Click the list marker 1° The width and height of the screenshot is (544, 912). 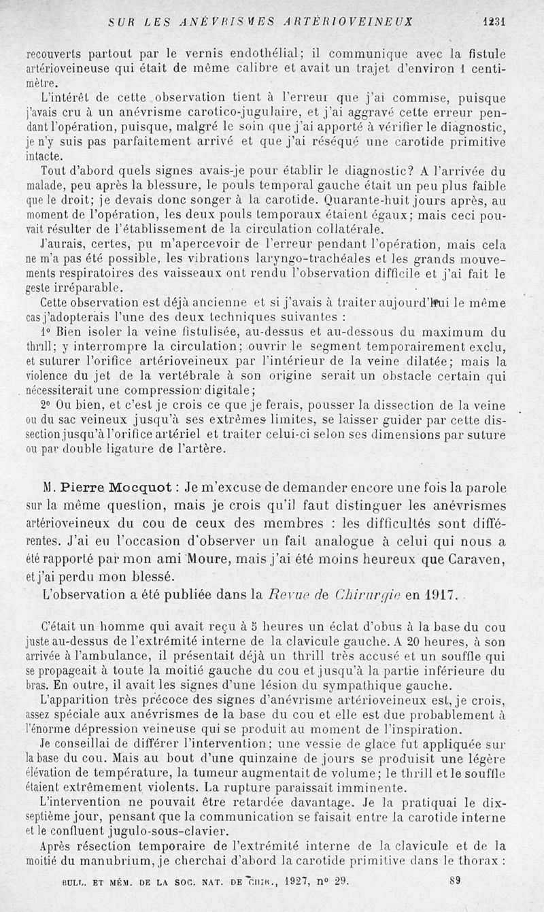tap(46, 333)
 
